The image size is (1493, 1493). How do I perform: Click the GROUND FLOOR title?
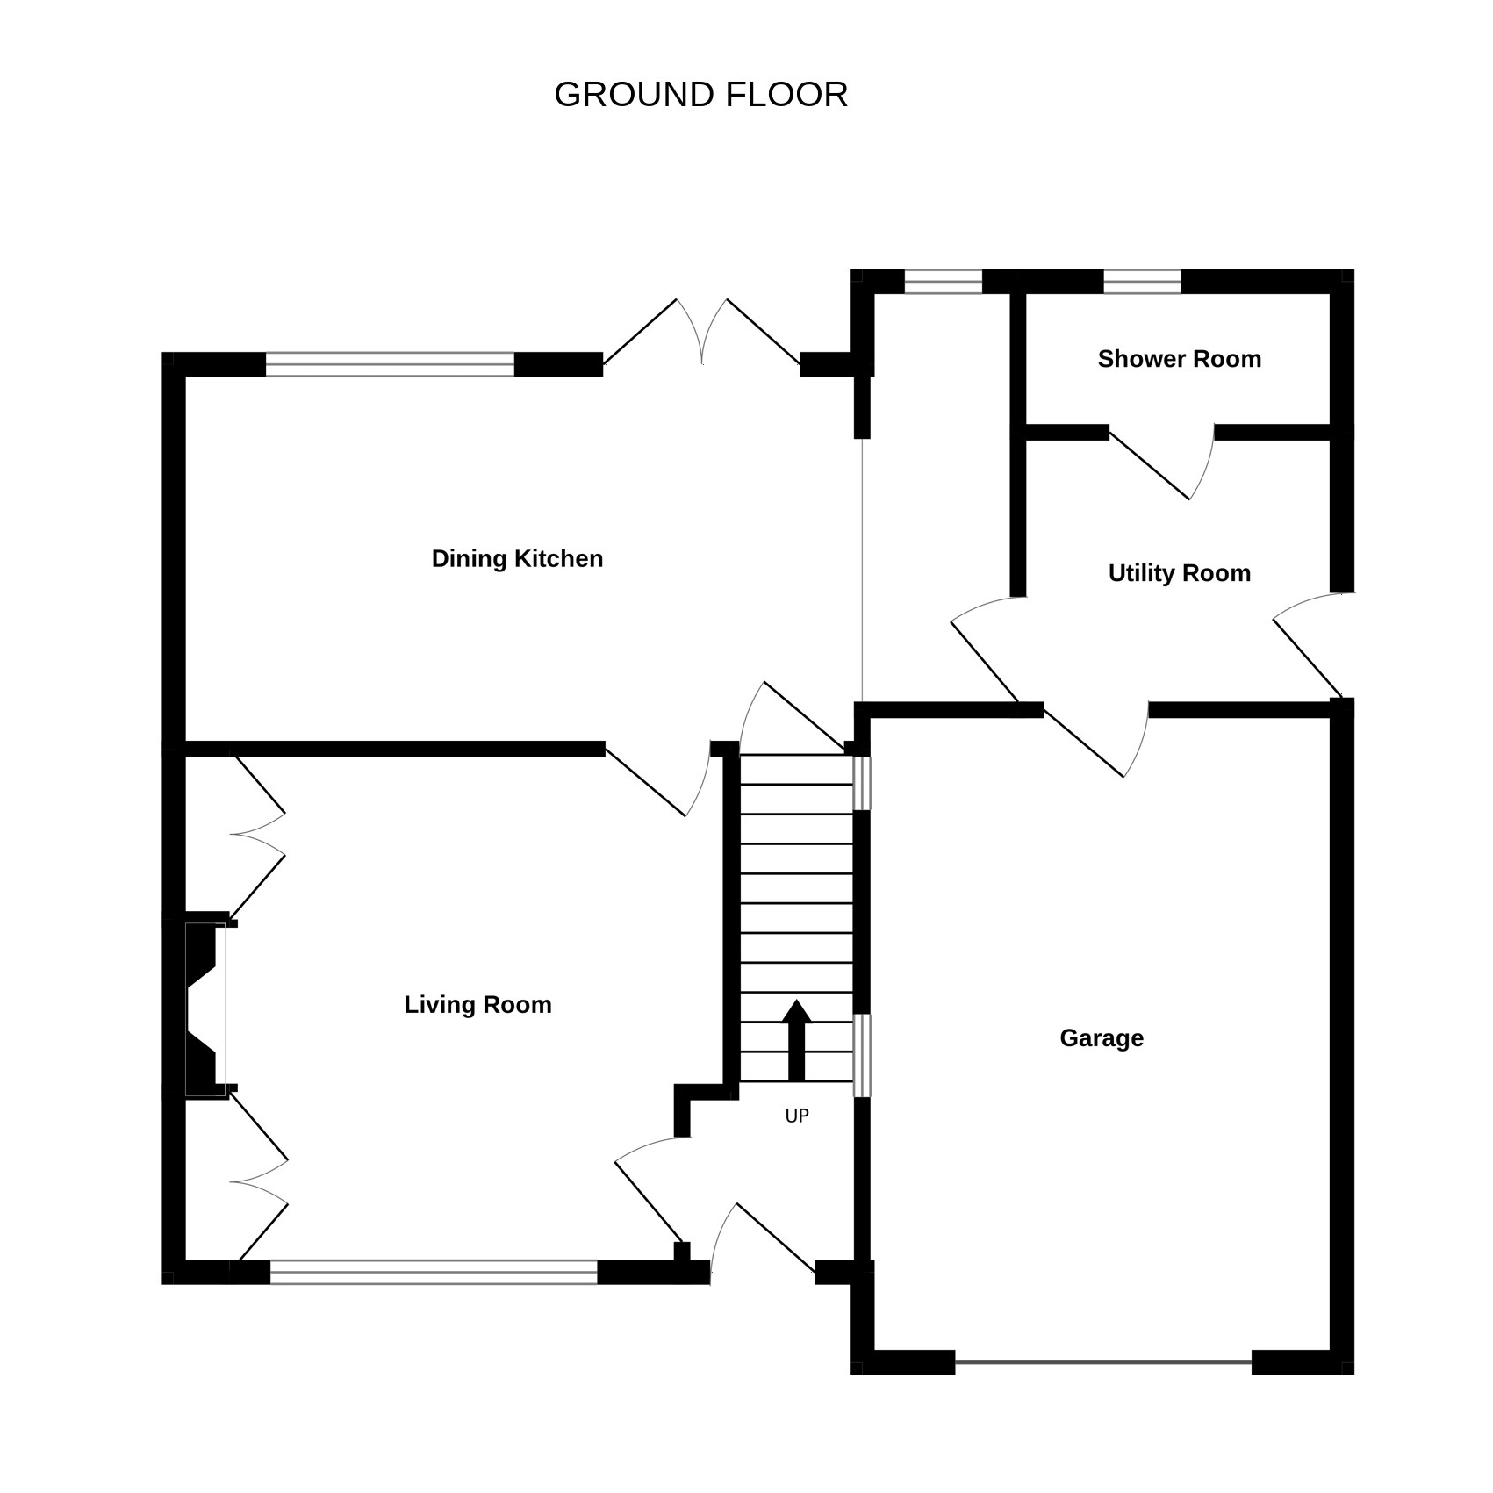(x=700, y=95)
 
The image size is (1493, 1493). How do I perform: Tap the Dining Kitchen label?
(x=517, y=558)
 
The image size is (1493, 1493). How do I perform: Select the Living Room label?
(x=477, y=1004)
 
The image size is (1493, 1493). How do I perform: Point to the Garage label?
(x=1102, y=1037)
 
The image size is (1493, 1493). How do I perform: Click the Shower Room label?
(x=1179, y=358)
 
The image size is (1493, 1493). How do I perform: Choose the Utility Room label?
(x=1179, y=573)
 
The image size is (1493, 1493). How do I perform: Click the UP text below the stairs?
(x=797, y=1116)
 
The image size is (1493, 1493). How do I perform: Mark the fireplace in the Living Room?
(x=207, y=1007)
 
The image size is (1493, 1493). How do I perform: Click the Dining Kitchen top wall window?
(x=390, y=364)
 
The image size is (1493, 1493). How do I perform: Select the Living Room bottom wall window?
(x=434, y=1272)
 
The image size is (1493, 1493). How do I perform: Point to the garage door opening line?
(x=1102, y=1362)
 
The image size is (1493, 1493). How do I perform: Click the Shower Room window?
(x=1142, y=282)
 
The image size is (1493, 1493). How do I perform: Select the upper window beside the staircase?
(x=863, y=783)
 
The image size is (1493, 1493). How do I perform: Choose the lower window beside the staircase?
(x=863, y=1055)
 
